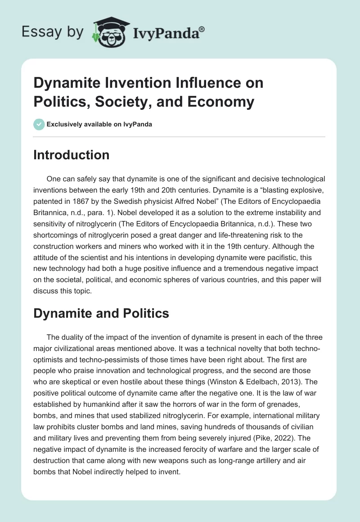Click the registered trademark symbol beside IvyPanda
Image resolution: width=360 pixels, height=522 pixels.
202,29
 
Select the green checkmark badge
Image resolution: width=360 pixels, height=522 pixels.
39,124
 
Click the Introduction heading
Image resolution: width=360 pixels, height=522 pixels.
72,155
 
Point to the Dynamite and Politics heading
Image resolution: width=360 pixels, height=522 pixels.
101,313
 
